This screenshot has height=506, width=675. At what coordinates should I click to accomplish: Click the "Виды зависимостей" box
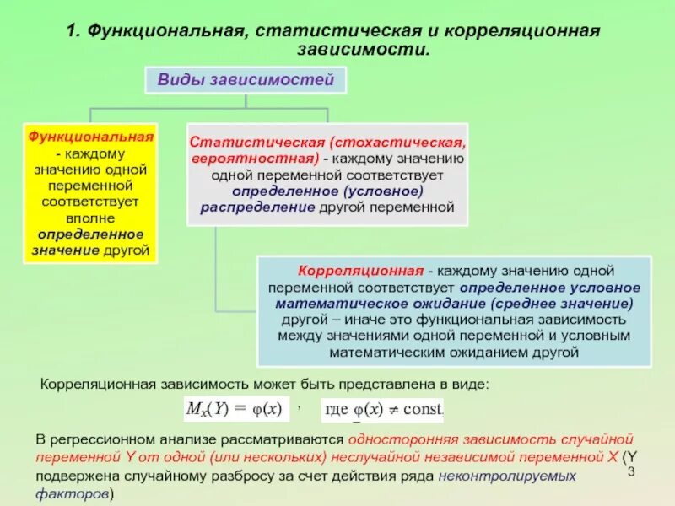[x=246, y=82]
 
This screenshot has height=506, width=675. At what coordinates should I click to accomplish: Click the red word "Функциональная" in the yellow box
[x=91, y=136]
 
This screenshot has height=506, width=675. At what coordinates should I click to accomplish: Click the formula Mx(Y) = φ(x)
[x=236, y=408]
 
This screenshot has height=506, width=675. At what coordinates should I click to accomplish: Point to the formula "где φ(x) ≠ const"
[x=383, y=409]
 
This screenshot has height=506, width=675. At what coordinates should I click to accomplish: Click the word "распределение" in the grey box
[x=258, y=207]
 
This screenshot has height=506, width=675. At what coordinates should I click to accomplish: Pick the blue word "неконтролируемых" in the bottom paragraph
[x=506, y=476]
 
